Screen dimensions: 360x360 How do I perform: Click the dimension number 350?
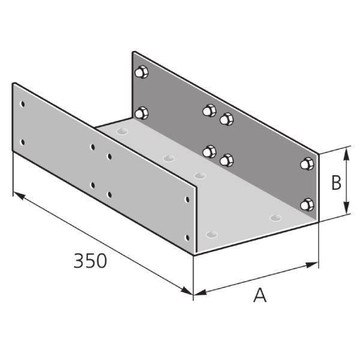coord(90,261)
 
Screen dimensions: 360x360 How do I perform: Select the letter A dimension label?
coord(259,295)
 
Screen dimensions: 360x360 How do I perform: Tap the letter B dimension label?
coord(336,182)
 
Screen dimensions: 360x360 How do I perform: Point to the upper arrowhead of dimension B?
coord(346,154)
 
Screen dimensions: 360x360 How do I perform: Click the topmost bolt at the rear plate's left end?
coord(142,73)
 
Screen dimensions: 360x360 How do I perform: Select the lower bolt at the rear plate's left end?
coord(142,112)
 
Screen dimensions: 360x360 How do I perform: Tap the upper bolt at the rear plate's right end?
coord(307,164)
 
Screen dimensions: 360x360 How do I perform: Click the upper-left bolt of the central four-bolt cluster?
coord(209,110)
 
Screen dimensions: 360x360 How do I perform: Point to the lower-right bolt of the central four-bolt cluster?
coord(226,160)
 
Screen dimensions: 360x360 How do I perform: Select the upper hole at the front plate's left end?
coord(23,104)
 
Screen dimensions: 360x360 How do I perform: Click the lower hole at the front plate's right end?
coord(188,238)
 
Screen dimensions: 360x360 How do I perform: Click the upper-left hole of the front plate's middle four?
coord(92,146)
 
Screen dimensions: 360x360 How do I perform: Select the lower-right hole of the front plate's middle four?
coord(109,194)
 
